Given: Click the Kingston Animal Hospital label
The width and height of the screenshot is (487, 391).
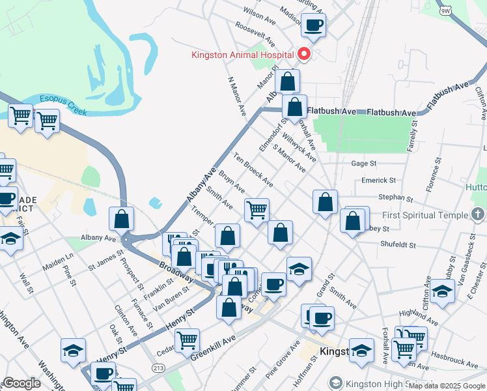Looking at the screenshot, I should (241, 54).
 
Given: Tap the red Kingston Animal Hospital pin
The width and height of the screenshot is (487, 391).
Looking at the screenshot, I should (303, 53).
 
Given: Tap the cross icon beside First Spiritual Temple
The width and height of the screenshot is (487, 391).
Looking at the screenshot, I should (478, 214).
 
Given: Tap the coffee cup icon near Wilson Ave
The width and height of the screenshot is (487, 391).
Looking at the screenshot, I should (313, 25).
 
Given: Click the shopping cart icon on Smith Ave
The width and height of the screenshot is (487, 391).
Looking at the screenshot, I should (257, 210).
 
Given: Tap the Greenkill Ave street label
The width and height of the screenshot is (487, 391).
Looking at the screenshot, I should (212, 347).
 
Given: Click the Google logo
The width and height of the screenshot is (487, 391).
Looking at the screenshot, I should (21, 383).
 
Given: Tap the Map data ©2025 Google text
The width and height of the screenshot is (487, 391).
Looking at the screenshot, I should (446, 386).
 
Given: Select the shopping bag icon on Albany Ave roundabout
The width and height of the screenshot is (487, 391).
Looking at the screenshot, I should (122, 219).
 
